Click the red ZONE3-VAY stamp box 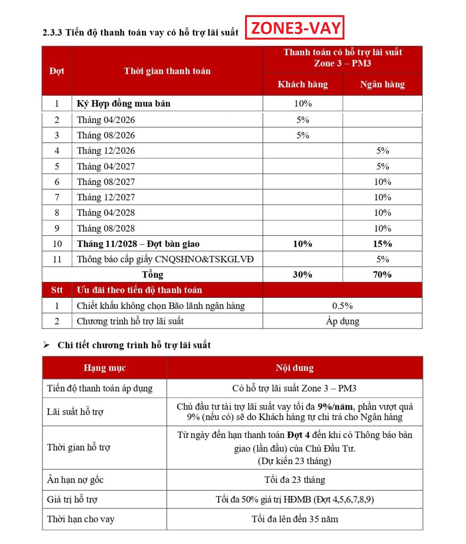tap(295, 28)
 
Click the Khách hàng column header tap(303, 84)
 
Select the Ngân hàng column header tap(382, 84)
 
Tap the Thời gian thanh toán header tap(167, 71)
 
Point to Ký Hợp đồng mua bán tap(123, 103)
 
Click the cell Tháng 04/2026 tap(106, 120)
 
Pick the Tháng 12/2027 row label tap(106, 197)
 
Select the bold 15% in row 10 tap(382, 244)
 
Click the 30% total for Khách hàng tap(303, 274)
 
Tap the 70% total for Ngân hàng tap(382, 274)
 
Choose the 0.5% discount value tap(342, 306)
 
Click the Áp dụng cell tap(342, 321)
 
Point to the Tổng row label tap(152, 274)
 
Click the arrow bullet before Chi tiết tap(47, 345)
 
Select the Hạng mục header tap(104, 368)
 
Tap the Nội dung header tap(294, 368)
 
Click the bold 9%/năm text tap(335, 407)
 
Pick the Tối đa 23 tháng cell tap(294, 480)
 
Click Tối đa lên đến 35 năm tap(294, 519)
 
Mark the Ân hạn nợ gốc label tap(75, 480)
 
